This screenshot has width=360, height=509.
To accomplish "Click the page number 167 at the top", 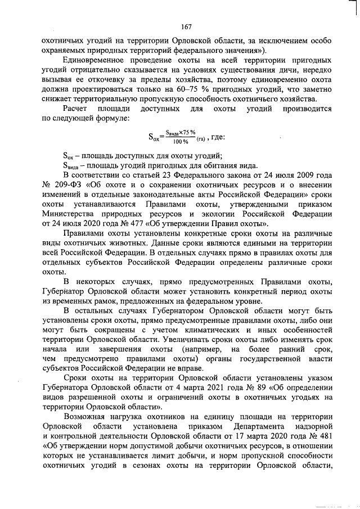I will point(187,26).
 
